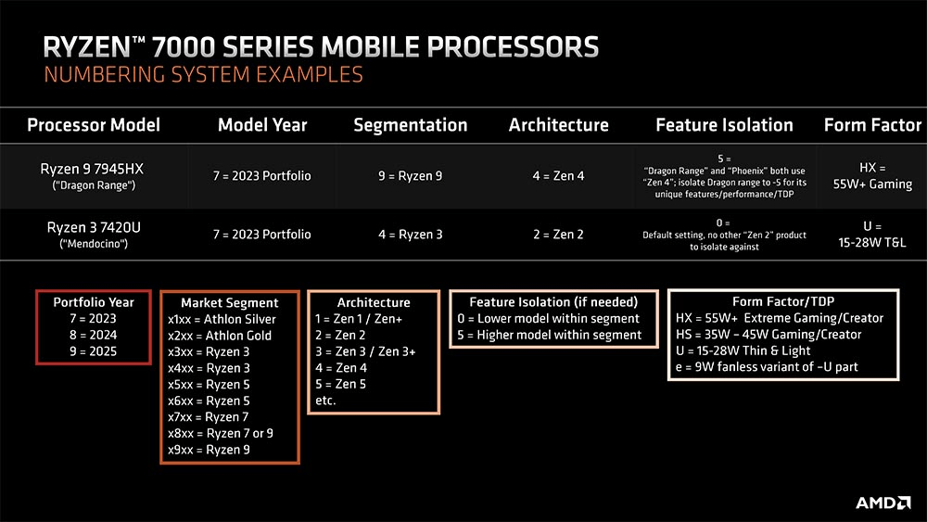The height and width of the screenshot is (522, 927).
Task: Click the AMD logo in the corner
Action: click(883, 503)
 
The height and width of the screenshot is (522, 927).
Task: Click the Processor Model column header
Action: click(94, 125)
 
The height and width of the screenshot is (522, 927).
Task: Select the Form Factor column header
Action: click(872, 125)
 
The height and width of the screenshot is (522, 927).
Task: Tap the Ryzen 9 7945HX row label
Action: click(94, 169)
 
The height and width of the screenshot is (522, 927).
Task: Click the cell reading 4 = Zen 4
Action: click(558, 175)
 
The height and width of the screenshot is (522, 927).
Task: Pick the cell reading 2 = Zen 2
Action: click(558, 235)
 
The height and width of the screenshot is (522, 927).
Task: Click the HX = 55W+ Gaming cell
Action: click(872, 176)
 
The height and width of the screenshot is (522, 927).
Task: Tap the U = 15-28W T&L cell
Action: click(872, 235)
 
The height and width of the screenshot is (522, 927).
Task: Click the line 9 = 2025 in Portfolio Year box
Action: click(94, 351)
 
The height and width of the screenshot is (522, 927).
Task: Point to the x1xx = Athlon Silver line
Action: click(222, 319)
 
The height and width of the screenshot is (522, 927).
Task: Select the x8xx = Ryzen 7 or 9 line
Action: click(221, 433)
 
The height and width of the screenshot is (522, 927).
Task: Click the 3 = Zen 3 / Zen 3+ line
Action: click(366, 351)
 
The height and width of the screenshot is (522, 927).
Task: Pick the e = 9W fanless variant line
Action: click(768, 367)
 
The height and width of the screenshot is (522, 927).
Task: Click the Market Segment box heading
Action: click(230, 302)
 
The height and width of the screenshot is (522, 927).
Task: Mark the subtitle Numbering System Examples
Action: click(203, 75)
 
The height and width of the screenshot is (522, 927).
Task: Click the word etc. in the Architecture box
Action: click(325, 401)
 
